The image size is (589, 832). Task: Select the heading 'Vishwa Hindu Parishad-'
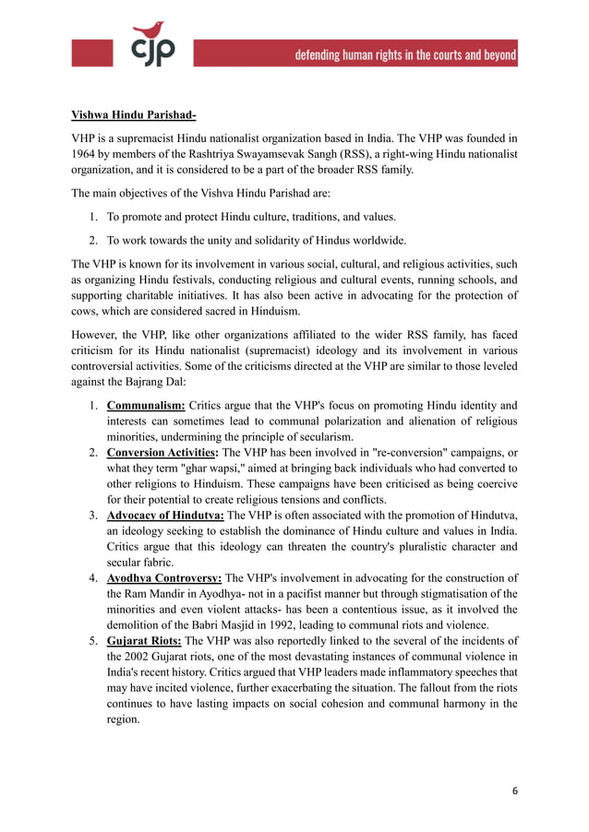[x=133, y=115]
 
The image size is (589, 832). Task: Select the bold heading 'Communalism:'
[x=146, y=404]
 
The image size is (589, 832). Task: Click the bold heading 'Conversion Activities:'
[x=162, y=452]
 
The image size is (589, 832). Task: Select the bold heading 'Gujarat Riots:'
[x=144, y=641]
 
